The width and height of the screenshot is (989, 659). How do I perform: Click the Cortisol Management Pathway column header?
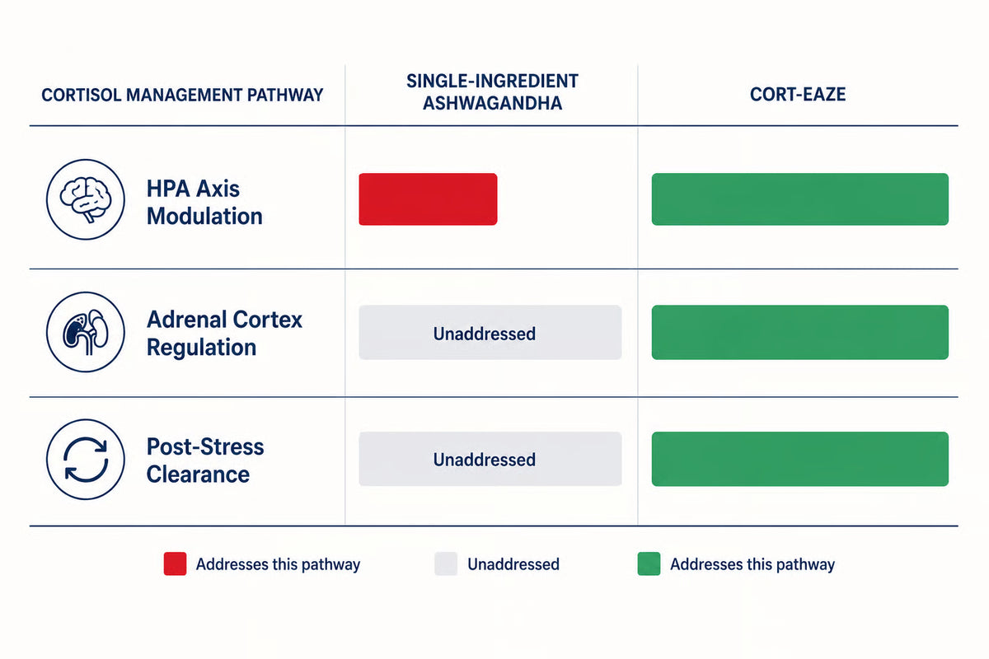[182, 95]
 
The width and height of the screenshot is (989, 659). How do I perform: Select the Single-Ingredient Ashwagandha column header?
[492, 91]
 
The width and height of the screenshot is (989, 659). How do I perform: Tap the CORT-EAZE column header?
[798, 95]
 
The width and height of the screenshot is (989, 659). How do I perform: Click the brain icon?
[86, 199]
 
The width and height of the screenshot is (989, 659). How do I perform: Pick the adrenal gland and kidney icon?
[86, 332]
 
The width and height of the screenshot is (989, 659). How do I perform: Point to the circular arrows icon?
[86, 460]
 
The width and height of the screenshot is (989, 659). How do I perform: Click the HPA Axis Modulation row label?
[204, 202]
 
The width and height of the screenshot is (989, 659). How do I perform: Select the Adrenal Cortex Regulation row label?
[224, 333]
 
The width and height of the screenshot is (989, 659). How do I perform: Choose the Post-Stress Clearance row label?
[205, 460]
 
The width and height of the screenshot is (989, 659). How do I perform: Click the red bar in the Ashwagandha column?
[428, 199]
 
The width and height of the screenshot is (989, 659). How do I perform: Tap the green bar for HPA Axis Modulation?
[800, 199]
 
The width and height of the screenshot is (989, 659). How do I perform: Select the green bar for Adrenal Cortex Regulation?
[800, 332]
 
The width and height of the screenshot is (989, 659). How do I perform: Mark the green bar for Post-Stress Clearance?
[800, 459]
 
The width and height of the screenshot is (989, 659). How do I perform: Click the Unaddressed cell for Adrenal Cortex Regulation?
[490, 332]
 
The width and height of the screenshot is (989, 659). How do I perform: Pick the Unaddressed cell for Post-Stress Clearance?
[490, 459]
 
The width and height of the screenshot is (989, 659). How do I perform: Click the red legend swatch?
[175, 563]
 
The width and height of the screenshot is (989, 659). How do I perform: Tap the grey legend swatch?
[446, 563]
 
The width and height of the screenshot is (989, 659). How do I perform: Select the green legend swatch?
[649, 563]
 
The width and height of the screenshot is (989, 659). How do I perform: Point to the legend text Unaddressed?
[513, 564]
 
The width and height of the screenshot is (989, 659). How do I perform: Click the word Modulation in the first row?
[204, 216]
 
